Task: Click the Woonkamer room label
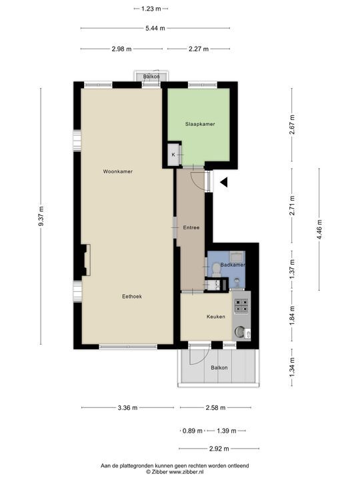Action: tap(118, 171)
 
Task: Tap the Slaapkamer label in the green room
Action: tap(200, 124)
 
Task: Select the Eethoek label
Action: tap(132, 296)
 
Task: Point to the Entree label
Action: tap(191, 227)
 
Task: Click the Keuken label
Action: tap(216, 317)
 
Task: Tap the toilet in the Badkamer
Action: tap(216, 270)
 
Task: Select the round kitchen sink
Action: tap(239, 332)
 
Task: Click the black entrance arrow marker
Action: tap(224, 183)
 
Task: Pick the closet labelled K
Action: tap(173, 154)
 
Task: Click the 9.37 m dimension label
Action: tap(41, 216)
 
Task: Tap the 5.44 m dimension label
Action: tap(155, 28)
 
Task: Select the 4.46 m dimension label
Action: tap(319, 229)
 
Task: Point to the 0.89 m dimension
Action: tap(193, 431)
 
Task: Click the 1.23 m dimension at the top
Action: tap(151, 9)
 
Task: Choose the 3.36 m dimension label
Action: tap(127, 408)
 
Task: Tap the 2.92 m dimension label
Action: tap(219, 449)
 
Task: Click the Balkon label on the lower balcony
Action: tap(219, 367)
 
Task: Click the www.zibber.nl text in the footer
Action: tap(185, 472)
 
